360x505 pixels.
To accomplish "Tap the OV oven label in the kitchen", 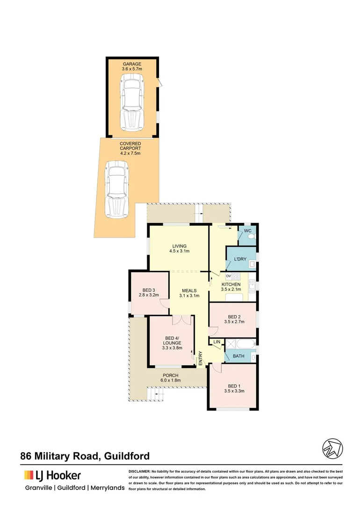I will (229, 276).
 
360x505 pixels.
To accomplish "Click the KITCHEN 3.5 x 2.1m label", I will (231, 287).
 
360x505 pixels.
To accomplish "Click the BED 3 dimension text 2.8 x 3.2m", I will (149, 295).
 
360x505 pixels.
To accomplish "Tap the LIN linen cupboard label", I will (216, 342).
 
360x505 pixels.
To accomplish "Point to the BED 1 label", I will (232, 388).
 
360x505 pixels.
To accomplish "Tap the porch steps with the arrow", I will (157, 395).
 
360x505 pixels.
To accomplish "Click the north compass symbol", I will (332, 449).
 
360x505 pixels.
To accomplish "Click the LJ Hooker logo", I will (53, 476).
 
